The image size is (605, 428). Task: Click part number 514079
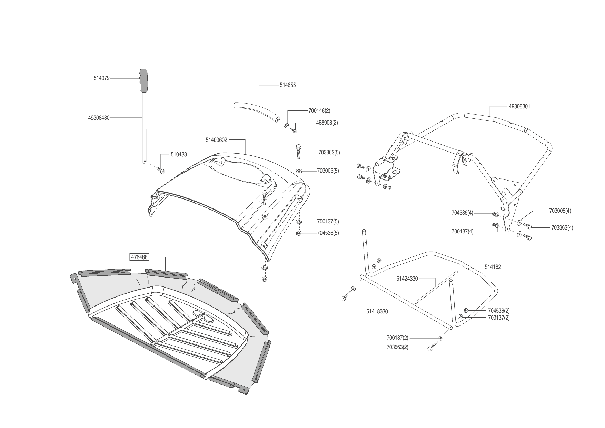(x=101, y=78)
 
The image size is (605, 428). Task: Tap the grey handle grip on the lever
(x=143, y=80)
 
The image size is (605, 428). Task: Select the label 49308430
(x=99, y=118)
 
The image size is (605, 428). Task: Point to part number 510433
(x=179, y=154)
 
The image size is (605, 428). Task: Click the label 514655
(x=288, y=85)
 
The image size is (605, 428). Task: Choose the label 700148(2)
(x=319, y=111)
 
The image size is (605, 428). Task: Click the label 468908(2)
(x=327, y=123)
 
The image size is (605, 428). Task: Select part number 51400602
(x=216, y=140)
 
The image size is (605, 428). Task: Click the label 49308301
(x=519, y=106)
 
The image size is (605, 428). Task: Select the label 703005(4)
(x=560, y=211)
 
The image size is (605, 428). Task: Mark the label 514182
(x=493, y=267)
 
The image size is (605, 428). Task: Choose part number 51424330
(x=407, y=279)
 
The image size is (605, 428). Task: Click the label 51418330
(x=377, y=311)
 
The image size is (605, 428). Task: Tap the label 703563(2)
(x=397, y=347)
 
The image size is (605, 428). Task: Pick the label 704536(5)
(x=328, y=233)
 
